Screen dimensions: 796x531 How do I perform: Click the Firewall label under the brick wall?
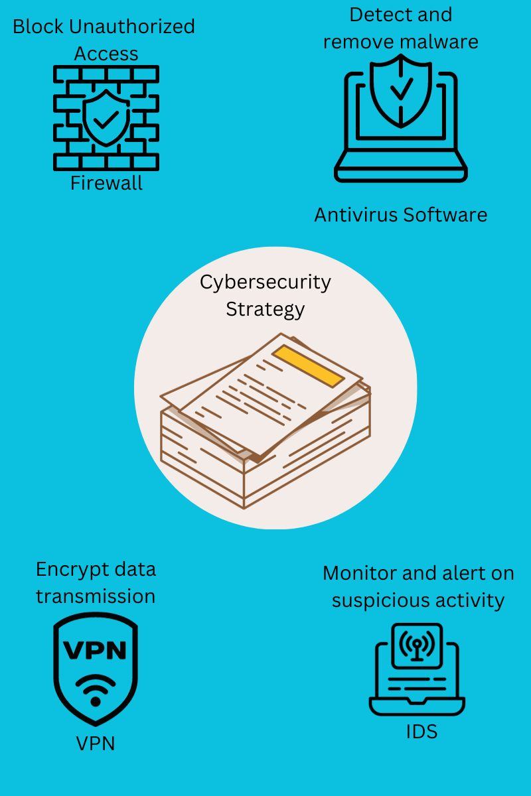point(106,183)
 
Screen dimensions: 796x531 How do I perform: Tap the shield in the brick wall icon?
point(106,118)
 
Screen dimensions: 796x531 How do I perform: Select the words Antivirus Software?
point(400,215)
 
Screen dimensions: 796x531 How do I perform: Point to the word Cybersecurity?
point(265,282)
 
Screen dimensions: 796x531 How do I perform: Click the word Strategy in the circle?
point(265,309)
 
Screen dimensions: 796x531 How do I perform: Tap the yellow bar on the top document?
point(309,365)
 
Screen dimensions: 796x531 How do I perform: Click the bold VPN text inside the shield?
point(95,651)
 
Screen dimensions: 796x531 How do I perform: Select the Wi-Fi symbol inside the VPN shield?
point(95,689)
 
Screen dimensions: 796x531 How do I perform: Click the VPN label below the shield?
point(95,744)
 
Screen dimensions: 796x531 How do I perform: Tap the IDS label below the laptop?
point(421,732)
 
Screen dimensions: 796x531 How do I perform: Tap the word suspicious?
point(371,600)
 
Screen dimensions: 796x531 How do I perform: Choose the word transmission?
point(95,596)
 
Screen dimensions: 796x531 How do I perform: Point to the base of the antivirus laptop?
point(400,174)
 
